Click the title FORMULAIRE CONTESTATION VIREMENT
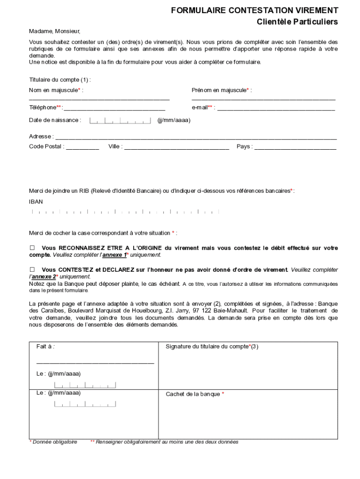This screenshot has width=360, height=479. [254, 10]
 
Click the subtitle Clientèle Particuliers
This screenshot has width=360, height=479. [297, 22]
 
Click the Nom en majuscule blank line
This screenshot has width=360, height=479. [99, 99]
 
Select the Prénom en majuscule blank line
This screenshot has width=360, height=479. [263, 99]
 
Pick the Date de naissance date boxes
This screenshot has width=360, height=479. [120, 121]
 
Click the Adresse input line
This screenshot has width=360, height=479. [196, 138]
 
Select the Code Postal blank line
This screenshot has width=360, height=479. [83, 148]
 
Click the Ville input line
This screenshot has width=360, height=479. [177, 148]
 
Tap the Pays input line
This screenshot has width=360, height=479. [295, 148]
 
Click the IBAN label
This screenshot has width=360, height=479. [36, 202]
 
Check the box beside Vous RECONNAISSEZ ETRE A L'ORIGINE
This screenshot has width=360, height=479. [32, 247]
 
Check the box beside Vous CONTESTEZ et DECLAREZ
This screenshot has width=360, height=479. [32, 270]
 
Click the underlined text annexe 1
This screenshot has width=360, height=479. [114, 255]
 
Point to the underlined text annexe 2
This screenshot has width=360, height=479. [43, 277]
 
